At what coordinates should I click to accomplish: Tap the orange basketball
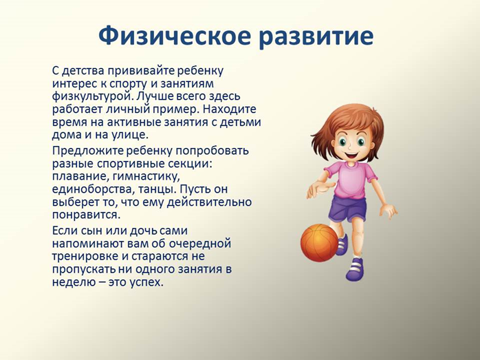(x=320, y=243)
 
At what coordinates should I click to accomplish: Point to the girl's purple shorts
(x=348, y=210)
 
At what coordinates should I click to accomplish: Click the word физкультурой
(x=92, y=97)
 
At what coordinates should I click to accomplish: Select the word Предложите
(x=87, y=151)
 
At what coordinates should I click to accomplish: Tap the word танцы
(x=157, y=190)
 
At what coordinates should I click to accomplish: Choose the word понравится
(x=87, y=215)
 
